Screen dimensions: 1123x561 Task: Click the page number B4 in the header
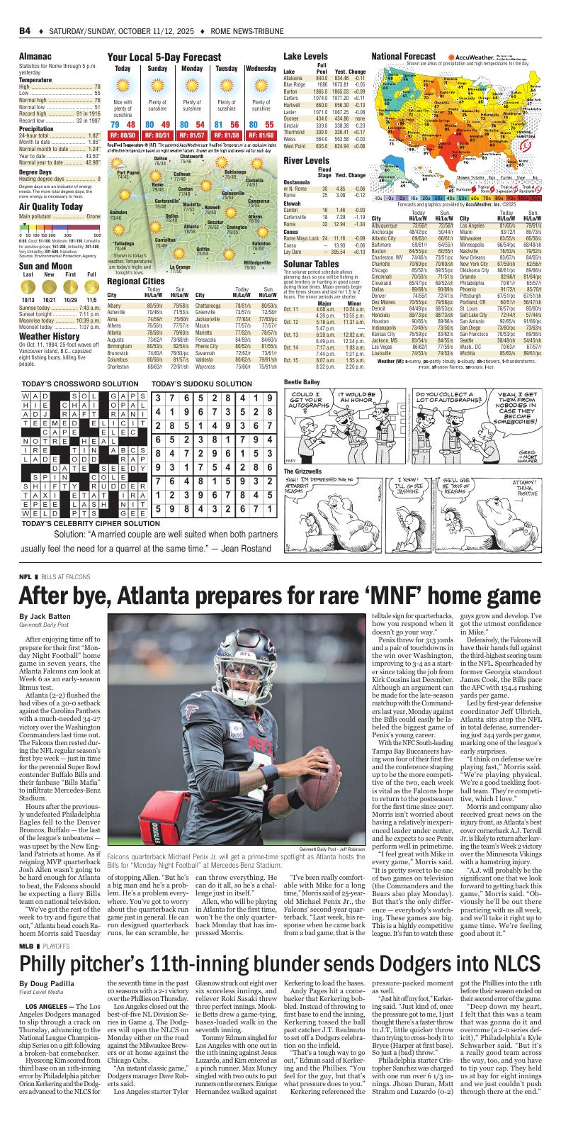click(25, 31)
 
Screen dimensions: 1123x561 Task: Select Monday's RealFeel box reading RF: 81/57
click(191, 135)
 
